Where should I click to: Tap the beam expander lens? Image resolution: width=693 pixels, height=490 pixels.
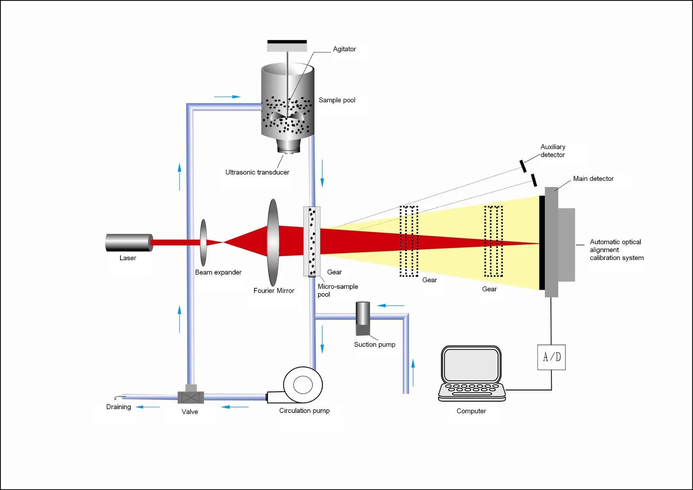coord(203,242)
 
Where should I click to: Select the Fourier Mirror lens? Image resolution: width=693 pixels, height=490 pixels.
coord(273,242)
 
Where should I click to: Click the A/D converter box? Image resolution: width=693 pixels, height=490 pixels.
coord(551,357)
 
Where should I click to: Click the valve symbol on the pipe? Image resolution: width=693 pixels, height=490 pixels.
coord(191,397)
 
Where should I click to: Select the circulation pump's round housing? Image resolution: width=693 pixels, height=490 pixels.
coord(303,384)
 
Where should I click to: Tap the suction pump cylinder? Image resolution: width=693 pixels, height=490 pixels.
coord(363,318)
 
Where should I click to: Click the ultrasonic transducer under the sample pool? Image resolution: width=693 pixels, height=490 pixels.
coord(288,146)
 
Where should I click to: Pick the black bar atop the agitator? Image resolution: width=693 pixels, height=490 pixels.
coord(287,42)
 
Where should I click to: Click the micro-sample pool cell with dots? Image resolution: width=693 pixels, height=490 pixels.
coord(312,241)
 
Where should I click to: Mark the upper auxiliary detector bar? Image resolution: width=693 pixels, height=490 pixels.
coord(523,166)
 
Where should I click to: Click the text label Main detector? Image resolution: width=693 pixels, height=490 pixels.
coord(593,179)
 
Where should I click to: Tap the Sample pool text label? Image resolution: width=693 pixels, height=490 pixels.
coord(337,100)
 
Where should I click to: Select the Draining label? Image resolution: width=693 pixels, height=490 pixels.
coord(119,407)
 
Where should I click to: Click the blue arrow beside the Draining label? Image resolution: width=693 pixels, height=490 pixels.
coord(148,407)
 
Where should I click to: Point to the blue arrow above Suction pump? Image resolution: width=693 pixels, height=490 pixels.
coord(391,305)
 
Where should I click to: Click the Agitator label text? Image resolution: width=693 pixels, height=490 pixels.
coord(344,49)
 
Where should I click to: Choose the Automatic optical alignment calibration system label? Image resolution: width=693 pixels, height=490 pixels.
coord(616,250)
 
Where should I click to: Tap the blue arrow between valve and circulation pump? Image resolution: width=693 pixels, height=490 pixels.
coord(235,407)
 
